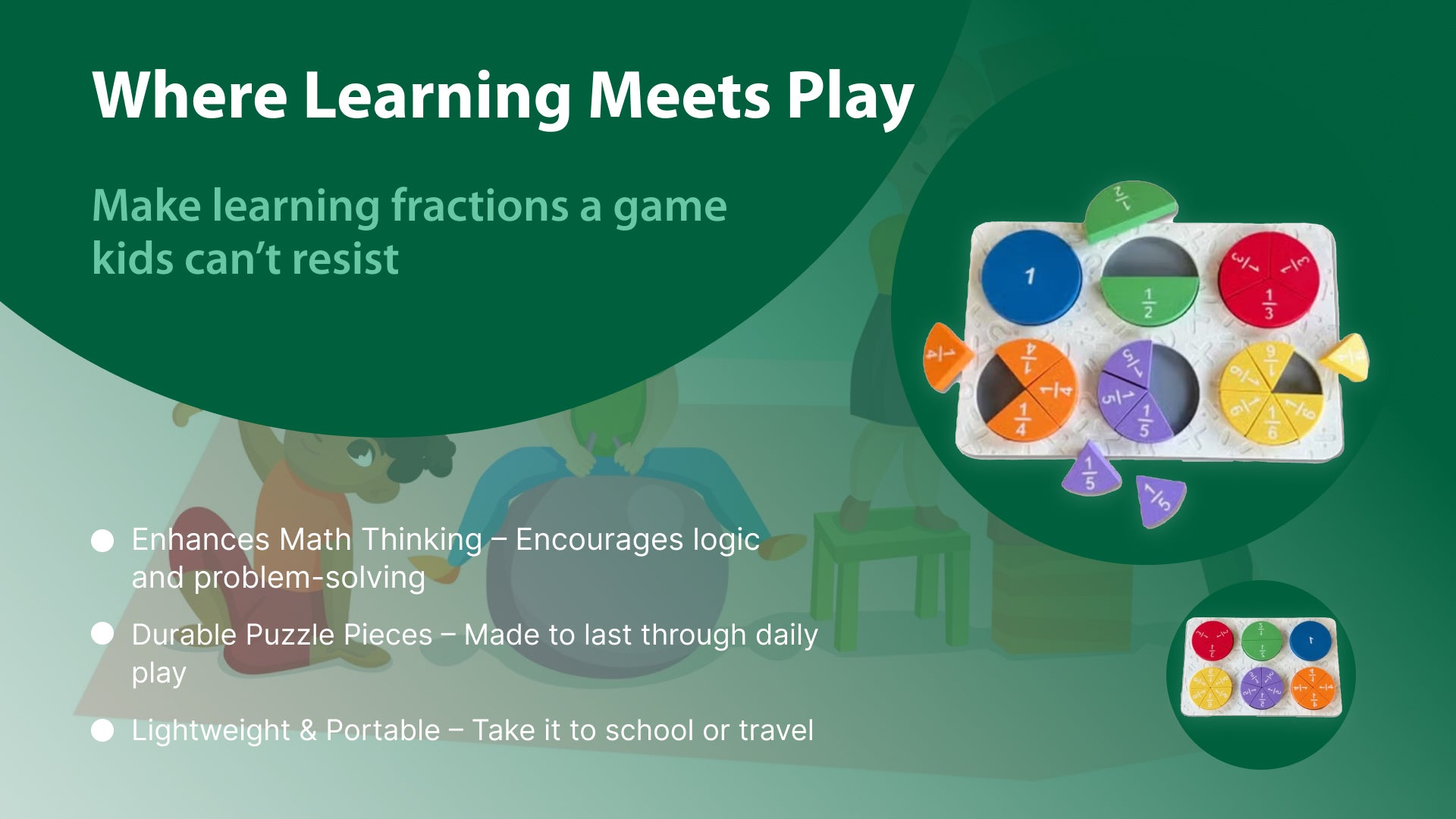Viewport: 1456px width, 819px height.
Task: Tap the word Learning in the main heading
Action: (x=438, y=96)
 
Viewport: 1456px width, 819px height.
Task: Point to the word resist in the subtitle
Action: (x=345, y=259)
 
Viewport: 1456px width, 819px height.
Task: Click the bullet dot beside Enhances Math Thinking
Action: (x=102, y=541)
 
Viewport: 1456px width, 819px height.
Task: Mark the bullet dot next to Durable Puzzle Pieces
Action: (x=102, y=634)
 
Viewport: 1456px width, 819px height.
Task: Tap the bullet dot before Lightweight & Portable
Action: (x=102, y=731)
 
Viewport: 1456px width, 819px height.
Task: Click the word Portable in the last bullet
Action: (x=383, y=730)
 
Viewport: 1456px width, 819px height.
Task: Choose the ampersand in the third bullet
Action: (x=308, y=731)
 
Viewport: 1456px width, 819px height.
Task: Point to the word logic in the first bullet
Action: (x=726, y=541)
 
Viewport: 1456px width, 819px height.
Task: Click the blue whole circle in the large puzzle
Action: (x=1031, y=277)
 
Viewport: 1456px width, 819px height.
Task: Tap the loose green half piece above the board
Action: (x=1129, y=210)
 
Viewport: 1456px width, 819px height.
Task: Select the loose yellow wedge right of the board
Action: (x=1345, y=357)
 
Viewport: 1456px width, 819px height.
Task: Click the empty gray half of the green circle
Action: (x=1149, y=259)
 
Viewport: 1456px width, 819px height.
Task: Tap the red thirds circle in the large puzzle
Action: (x=1269, y=280)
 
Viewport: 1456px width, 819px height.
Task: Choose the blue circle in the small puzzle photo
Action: (x=1310, y=640)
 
